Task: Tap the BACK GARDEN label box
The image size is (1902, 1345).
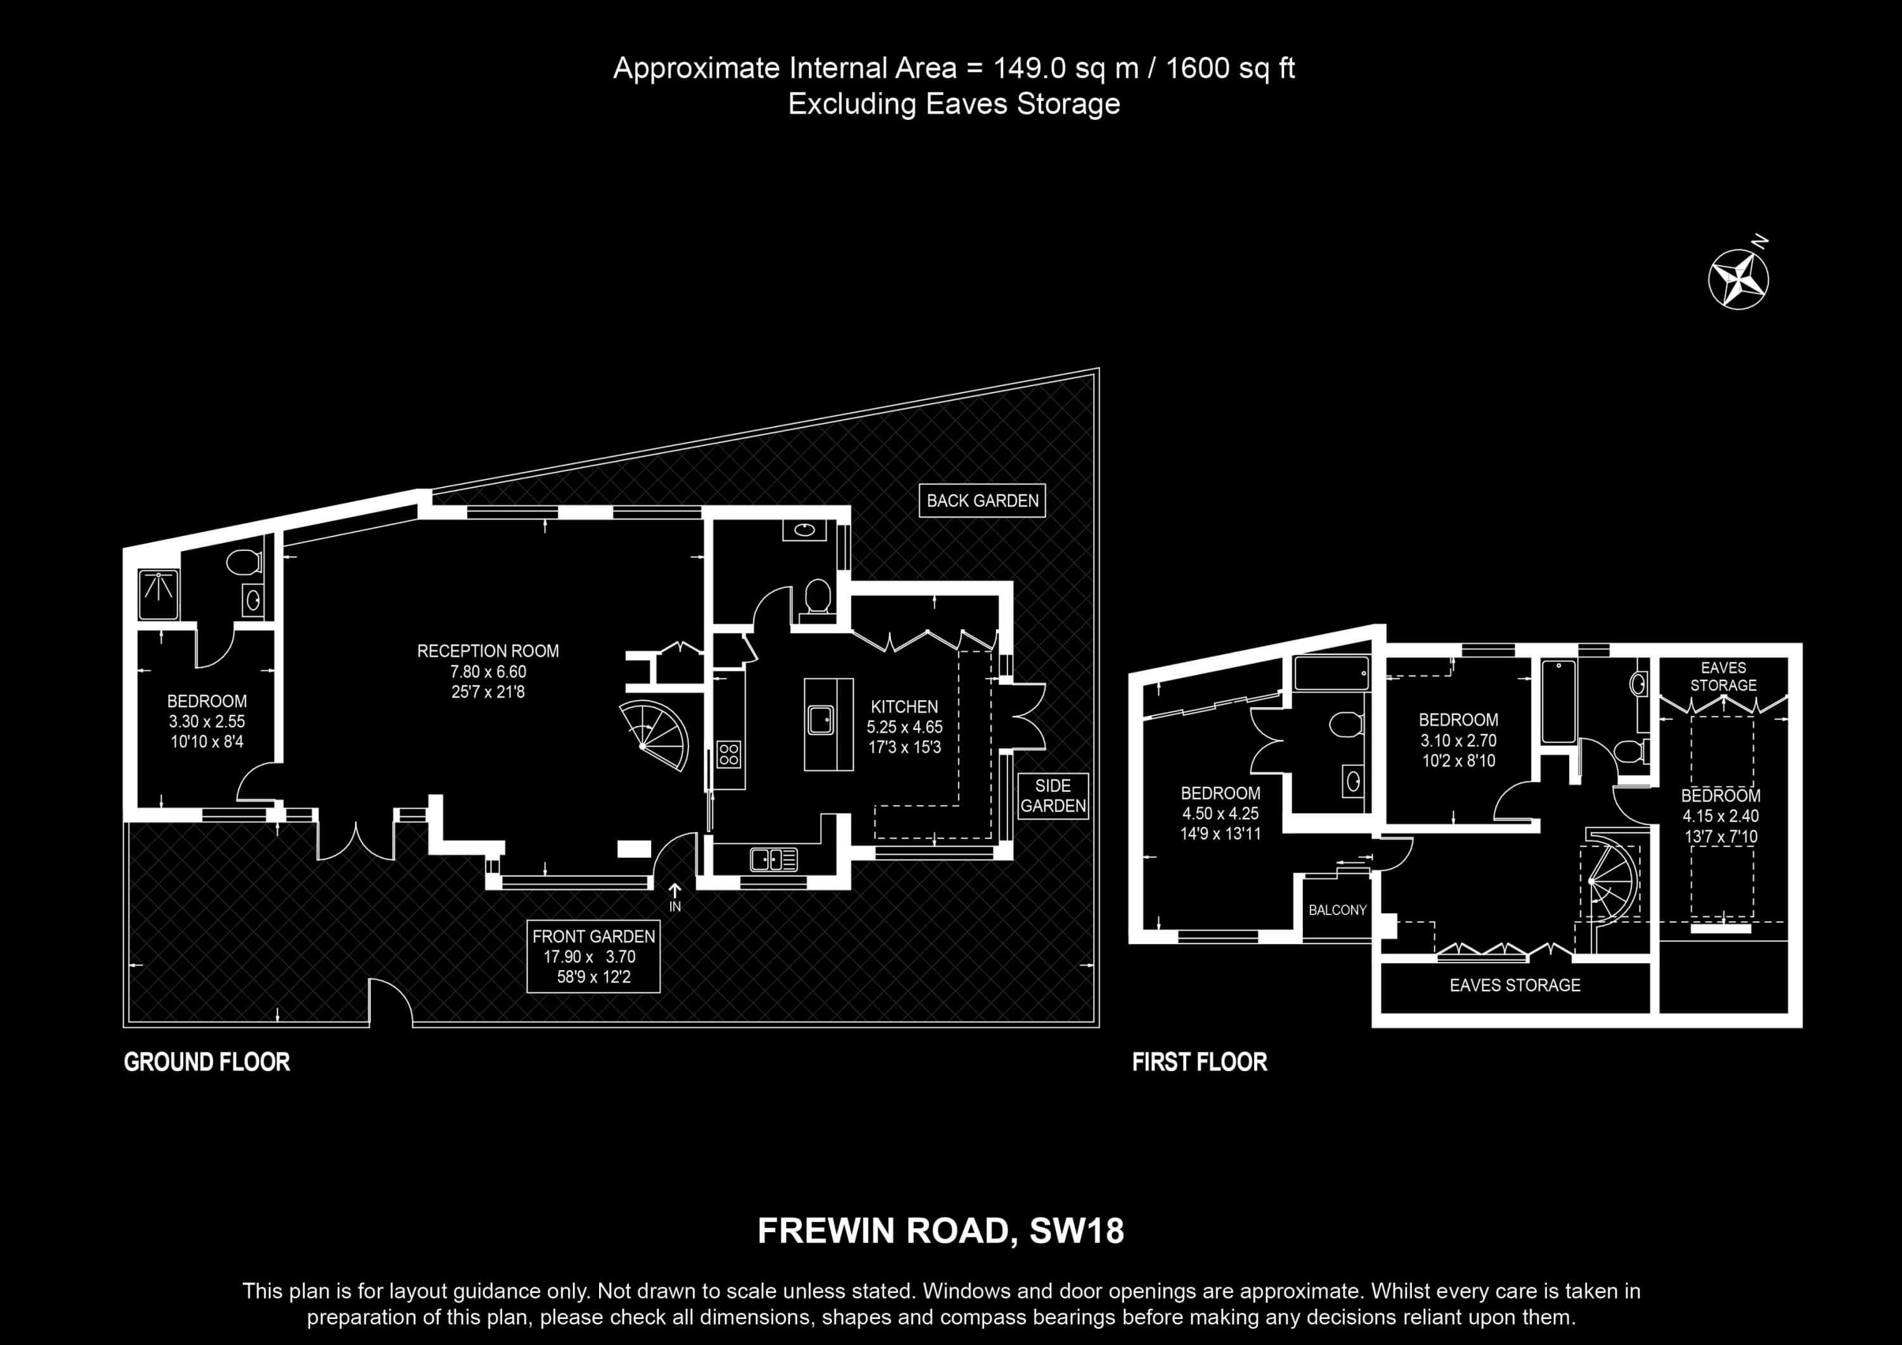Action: coord(983,500)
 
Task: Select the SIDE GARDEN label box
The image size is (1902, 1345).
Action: coord(1053,796)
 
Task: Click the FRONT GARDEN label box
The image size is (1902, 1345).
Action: coord(593,956)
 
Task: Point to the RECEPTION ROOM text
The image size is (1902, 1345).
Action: coord(488,651)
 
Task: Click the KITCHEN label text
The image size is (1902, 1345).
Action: coord(905,707)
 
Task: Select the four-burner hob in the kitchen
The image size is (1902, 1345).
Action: coord(729,754)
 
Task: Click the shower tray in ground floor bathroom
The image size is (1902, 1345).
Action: coord(158,594)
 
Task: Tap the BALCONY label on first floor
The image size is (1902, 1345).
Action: coord(1337,910)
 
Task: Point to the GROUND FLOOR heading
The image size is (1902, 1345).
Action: coord(207,1062)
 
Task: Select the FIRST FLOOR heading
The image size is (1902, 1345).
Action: coord(1200,1062)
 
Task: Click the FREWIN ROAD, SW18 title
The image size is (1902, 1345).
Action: coord(941,1231)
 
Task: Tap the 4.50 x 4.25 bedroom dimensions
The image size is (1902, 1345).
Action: coord(1220,813)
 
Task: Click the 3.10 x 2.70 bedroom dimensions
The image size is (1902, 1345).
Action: coord(1458,740)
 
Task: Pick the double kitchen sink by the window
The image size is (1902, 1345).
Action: coord(773,859)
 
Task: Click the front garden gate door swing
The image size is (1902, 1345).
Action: coord(391,1002)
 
